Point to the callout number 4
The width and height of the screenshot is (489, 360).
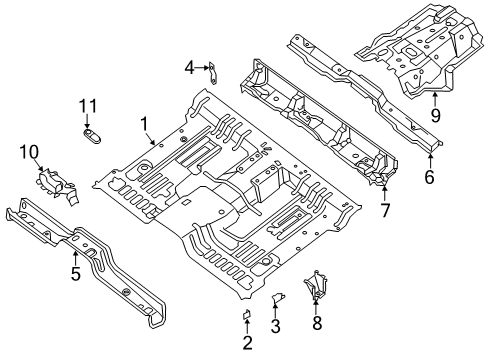pos(188,67)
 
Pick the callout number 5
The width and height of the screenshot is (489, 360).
pos(76,270)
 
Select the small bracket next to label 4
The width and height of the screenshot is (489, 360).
pos(214,70)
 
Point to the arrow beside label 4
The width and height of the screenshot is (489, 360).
pos(200,67)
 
